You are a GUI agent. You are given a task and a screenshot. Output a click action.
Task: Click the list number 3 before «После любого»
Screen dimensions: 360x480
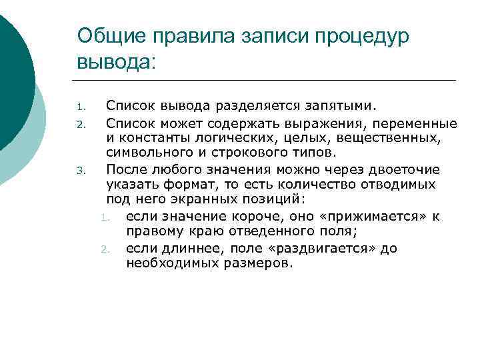pos(79,170)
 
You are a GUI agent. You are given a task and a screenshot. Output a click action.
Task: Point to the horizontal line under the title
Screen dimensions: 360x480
pos(267,81)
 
